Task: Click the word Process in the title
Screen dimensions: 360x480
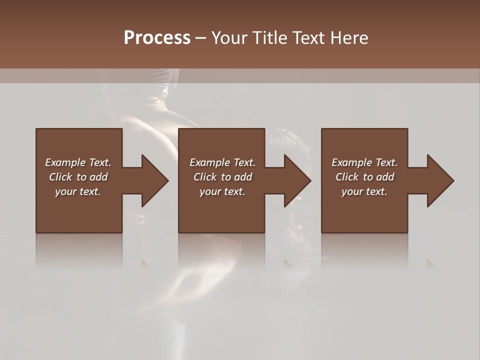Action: tap(157, 38)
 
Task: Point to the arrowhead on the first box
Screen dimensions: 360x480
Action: tap(153, 180)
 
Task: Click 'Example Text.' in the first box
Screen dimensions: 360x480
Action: tap(78, 162)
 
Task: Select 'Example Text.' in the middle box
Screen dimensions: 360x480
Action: tap(222, 162)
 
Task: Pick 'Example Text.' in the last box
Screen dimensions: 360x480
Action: tap(364, 162)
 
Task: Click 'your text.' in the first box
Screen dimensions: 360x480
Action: tap(78, 191)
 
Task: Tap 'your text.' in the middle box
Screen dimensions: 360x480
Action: tap(222, 191)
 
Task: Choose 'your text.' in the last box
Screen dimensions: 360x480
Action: tap(364, 191)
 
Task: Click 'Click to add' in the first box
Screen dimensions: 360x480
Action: tap(78, 177)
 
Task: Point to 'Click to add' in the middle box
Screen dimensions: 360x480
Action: tap(222, 177)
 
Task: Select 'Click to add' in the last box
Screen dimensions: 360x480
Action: tap(364, 177)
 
